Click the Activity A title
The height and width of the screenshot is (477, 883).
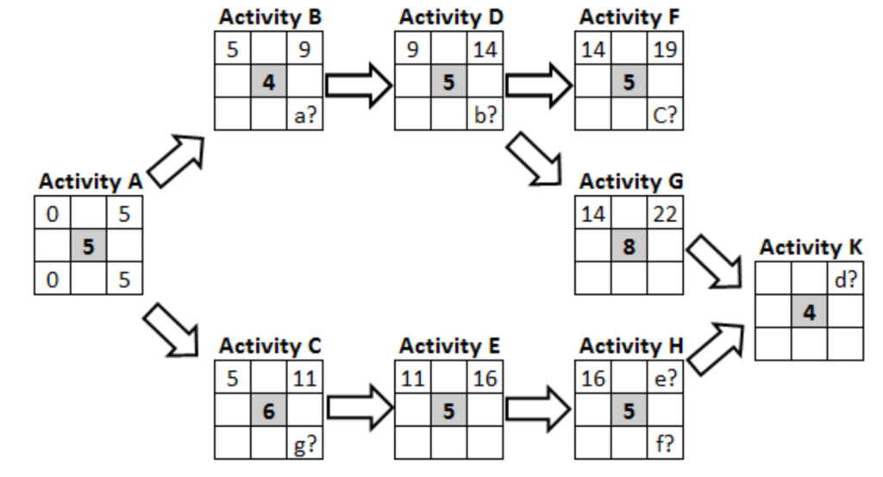pos(90,182)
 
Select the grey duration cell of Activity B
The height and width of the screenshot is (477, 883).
pos(269,84)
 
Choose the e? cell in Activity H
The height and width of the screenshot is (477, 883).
pos(664,377)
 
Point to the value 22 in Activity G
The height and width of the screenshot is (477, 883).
pos(664,213)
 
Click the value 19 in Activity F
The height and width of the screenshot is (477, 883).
pos(664,50)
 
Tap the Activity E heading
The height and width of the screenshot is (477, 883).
pos(449,346)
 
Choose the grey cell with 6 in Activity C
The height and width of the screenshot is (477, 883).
pos(269,411)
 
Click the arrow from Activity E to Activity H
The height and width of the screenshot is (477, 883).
pos(538,411)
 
